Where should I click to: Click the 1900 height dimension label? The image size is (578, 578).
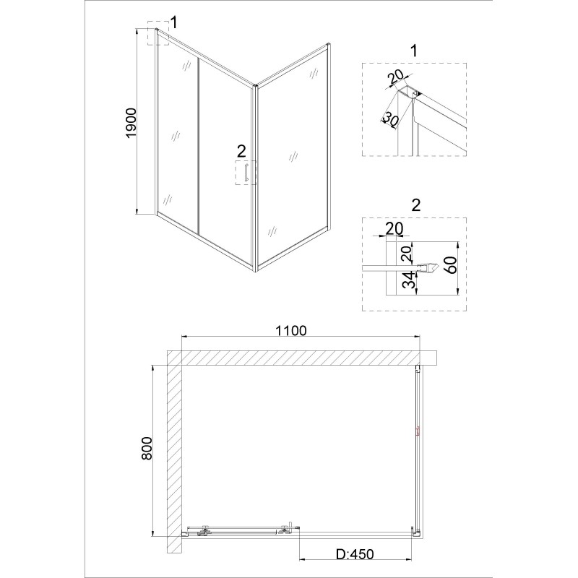[x=131, y=124]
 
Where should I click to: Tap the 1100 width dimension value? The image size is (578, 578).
[x=291, y=331]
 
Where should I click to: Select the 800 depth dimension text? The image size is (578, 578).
[x=147, y=448]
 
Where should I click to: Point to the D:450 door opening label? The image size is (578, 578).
[x=355, y=554]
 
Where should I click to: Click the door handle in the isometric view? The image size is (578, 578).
[x=244, y=173]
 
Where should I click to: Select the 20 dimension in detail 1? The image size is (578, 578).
[x=396, y=77]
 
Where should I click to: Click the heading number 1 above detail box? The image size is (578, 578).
[x=414, y=51]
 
